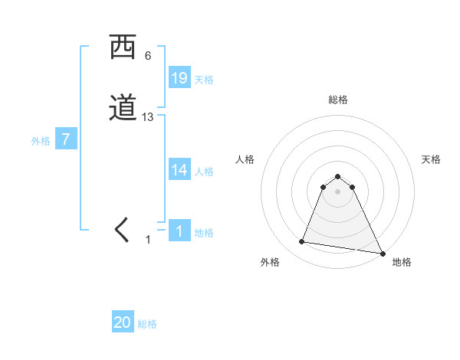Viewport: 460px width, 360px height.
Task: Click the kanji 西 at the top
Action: tap(123, 48)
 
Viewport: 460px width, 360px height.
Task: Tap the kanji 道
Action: tap(123, 108)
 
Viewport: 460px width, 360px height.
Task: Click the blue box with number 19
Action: tap(179, 78)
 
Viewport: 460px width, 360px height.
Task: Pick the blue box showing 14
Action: tap(179, 170)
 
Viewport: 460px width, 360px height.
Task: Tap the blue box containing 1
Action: tap(179, 231)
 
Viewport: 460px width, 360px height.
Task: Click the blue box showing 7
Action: tap(66, 139)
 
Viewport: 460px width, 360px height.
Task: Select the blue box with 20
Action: tap(123, 322)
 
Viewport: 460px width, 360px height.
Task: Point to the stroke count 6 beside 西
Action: tap(148, 56)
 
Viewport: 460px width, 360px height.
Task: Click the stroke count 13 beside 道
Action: tap(148, 117)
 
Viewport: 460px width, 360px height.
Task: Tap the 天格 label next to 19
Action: tap(204, 80)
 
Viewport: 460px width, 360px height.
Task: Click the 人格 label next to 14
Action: tap(204, 172)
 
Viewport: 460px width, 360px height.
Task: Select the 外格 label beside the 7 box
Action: tap(41, 141)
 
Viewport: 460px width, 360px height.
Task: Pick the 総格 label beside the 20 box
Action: tap(147, 324)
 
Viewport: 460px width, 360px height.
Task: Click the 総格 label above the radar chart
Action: tap(337, 100)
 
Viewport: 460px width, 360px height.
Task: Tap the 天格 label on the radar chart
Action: tap(432, 159)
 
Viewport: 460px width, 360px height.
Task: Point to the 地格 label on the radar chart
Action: tap(402, 262)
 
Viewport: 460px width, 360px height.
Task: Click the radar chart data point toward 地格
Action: tap(383, 254)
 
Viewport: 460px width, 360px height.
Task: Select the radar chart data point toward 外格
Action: tap(302, 242)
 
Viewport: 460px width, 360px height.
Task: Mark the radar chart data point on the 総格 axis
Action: tap(337, 173)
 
